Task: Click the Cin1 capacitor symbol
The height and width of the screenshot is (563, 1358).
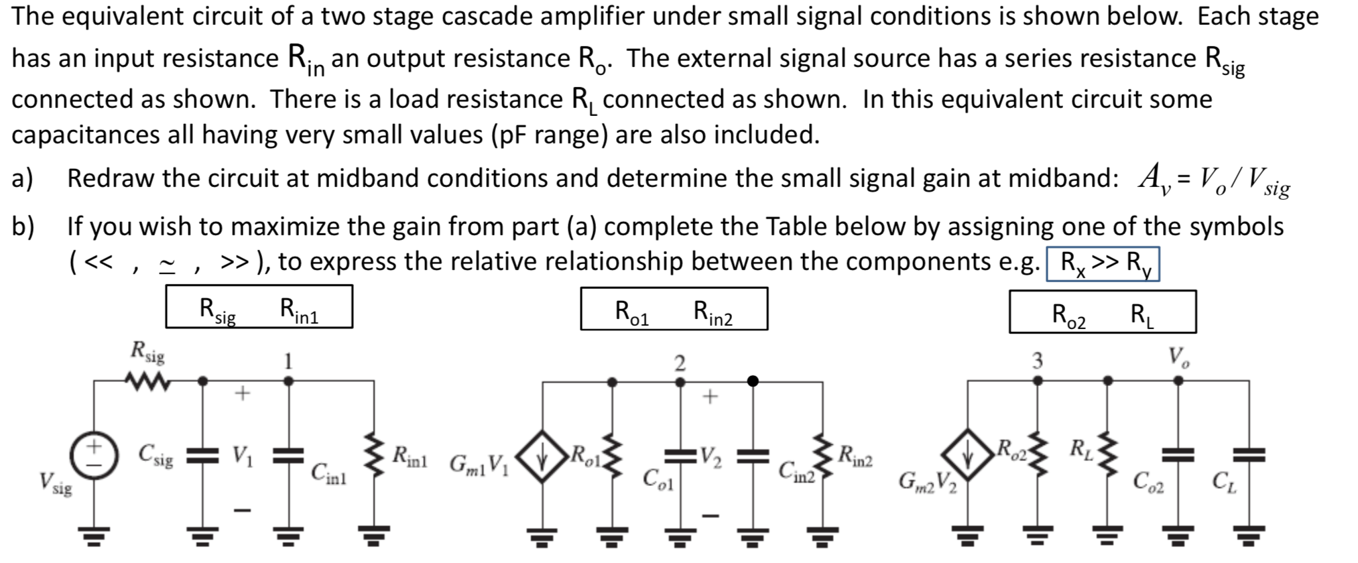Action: tap(289, 456)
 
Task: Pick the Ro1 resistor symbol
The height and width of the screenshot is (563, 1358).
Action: tap(611, 457)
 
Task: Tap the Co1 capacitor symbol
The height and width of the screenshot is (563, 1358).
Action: tap(680, 456)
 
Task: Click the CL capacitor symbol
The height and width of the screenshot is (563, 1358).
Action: tap(1248, 456)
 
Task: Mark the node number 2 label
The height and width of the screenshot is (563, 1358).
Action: tap(679, 363)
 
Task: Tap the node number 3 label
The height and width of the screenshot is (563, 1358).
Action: tap(1037, 361)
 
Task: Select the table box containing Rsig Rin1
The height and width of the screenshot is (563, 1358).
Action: tap(259, 307)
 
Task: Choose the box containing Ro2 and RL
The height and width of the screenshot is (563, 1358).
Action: tap(1103, 312)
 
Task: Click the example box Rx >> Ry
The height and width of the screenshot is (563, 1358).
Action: tap(1103, 264)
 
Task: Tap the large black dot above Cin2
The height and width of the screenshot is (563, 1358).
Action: tap(753, 381)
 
